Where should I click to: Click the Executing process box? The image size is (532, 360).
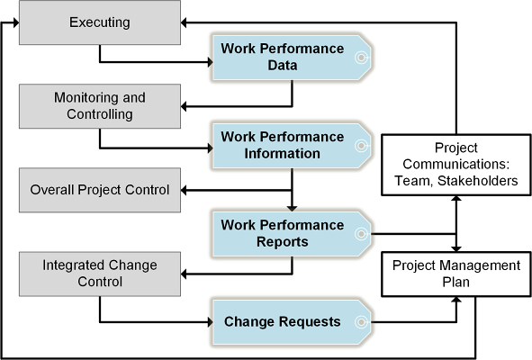pyautogui.click(x=100, y=22)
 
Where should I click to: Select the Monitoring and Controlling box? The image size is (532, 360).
pyautogui.click(x=100, y=106)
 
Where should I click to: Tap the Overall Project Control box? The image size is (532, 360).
pyautogui.click(x=100, y=190)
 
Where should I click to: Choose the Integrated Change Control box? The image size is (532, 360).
pyautogui.click(x=100, y=274)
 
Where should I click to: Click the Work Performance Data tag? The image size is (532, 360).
pyautogui.click(x=292, y=58)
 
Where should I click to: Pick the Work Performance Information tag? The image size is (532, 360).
pyautogui.click(x=292, y=146)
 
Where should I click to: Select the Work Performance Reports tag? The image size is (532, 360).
pyautogui.click(x=292, y=234)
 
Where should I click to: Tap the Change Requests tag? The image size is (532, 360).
pyautogui.click(x=292, y=322)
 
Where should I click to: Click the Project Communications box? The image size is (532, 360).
pyautogui.click(x=456, y=165)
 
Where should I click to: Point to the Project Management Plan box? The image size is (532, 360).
pyautogui.click(x=456, y=274)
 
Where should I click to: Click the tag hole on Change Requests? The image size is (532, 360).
pyautogui.click(x=361, y=322)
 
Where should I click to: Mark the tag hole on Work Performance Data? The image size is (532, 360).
pyautogui.click(x=361, y=58)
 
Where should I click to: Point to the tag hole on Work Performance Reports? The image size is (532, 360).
pyautogui.click(x=361, y=234)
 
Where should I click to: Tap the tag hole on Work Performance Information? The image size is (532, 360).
pyautogui.click(x=361, y=146)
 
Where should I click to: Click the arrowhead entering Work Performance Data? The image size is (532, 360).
pyautogui.click(x=211, y=62)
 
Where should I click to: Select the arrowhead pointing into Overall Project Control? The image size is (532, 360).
pyautogui.click(x=184, y=190)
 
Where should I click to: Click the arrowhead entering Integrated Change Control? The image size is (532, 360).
pyautogui.click(x=184, y=274)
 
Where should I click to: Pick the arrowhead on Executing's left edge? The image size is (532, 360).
pyautogui.click(x=16, y=22)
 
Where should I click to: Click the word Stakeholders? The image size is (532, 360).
pyautogui.click(x=478, y=181)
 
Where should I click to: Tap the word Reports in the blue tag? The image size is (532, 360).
pyautogui.click(x=283, y=242)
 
